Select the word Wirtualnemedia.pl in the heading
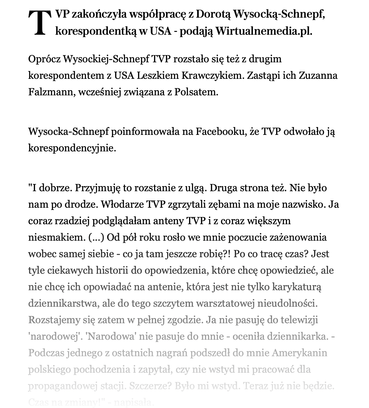(264, 31)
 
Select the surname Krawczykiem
(211, 76)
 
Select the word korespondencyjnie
(72, 148)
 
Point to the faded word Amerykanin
(300, 353)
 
